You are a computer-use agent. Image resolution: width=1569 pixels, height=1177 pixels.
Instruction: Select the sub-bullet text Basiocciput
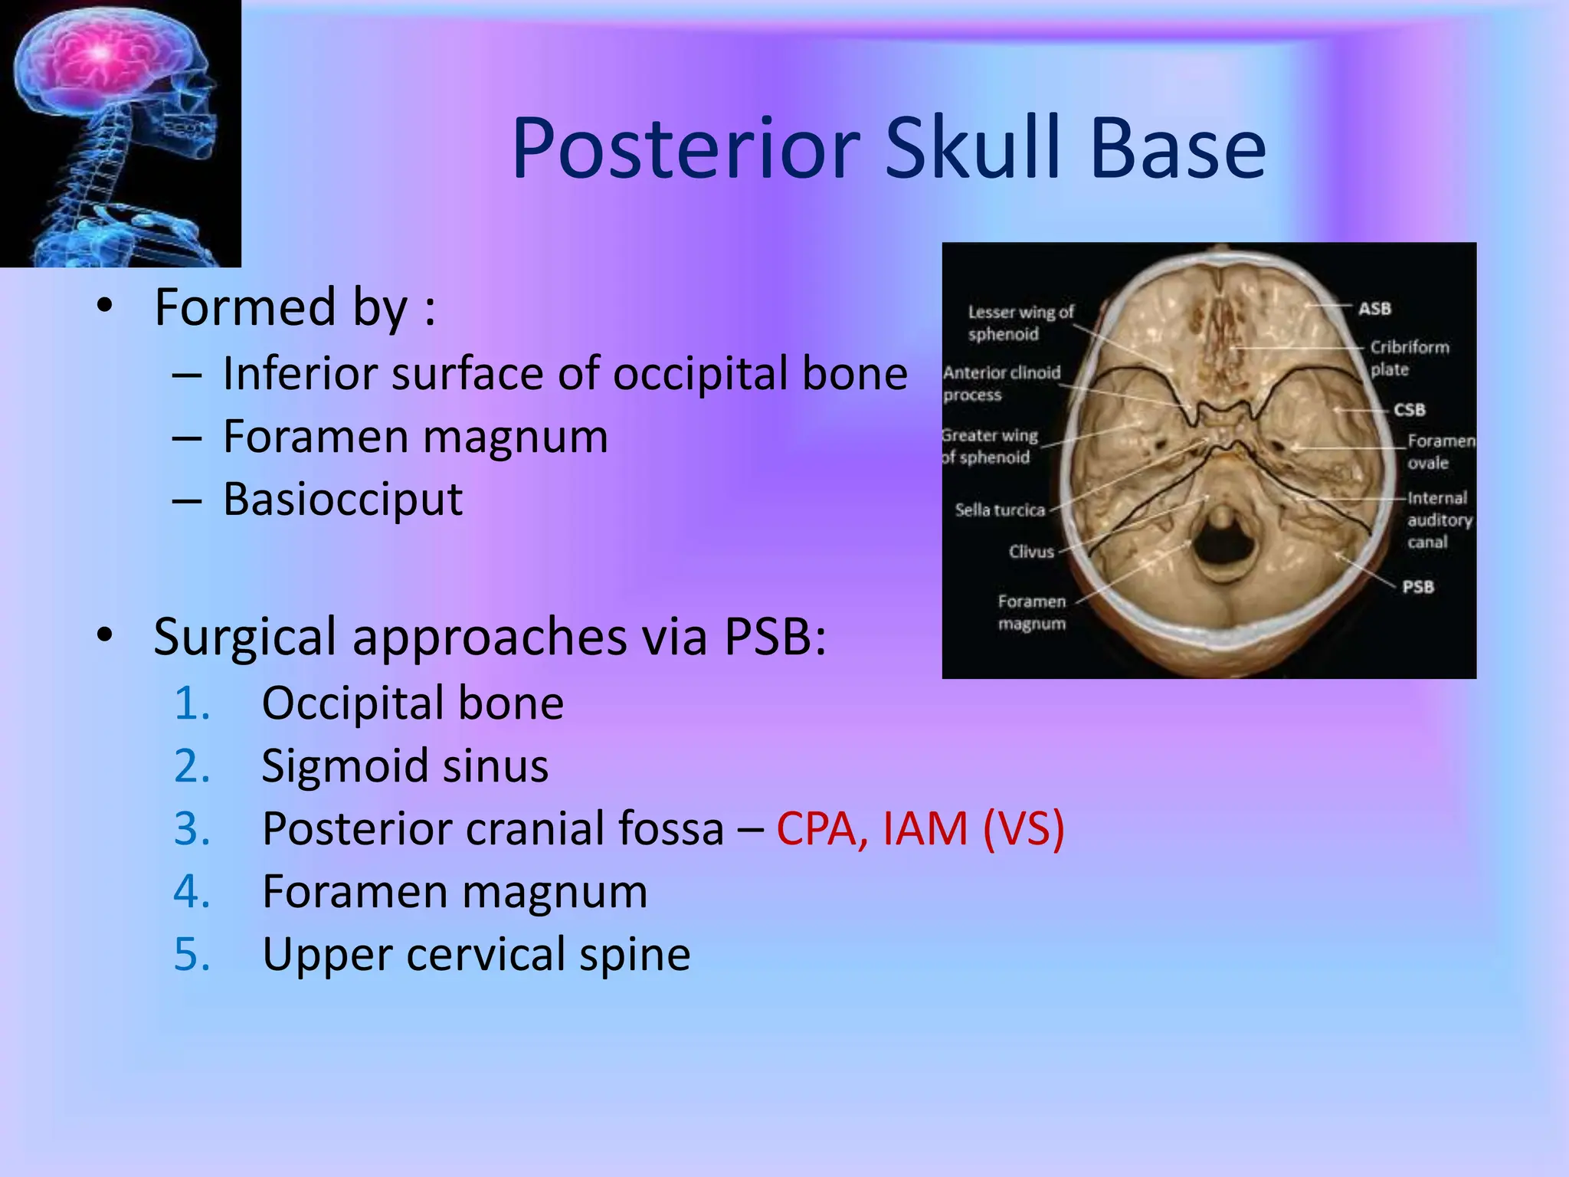(x=342, y=500)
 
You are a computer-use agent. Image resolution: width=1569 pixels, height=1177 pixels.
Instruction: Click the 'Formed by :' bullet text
(x=295, y=307)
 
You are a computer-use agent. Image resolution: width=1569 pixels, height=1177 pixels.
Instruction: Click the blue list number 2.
(x=192, y=766)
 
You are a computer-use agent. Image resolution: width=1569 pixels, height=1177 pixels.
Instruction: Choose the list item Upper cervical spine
(x=476, y=954)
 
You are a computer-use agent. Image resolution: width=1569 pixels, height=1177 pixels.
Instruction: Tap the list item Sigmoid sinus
(x=405, y=766)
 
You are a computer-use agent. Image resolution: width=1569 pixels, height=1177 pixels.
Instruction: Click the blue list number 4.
(x=192, y=891)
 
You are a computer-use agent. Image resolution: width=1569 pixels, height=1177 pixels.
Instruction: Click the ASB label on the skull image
(x=1374, y=309)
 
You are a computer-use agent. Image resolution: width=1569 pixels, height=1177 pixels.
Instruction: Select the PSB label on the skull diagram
(x=1417, y=587)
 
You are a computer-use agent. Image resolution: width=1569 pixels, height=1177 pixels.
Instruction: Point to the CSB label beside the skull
(x=1409, y=410)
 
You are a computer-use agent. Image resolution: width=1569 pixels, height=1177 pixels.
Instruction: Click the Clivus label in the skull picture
(x=1031, y=552)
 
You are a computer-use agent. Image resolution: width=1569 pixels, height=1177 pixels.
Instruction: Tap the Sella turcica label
(x=999, y=510)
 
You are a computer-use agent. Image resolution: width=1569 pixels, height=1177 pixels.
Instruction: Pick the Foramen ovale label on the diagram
(x=1440, y=451)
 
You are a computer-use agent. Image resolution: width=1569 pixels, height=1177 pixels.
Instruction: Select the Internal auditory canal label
(x=1438, y=520)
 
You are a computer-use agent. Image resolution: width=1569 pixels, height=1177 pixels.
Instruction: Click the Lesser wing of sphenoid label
(x=1020, y=323)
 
